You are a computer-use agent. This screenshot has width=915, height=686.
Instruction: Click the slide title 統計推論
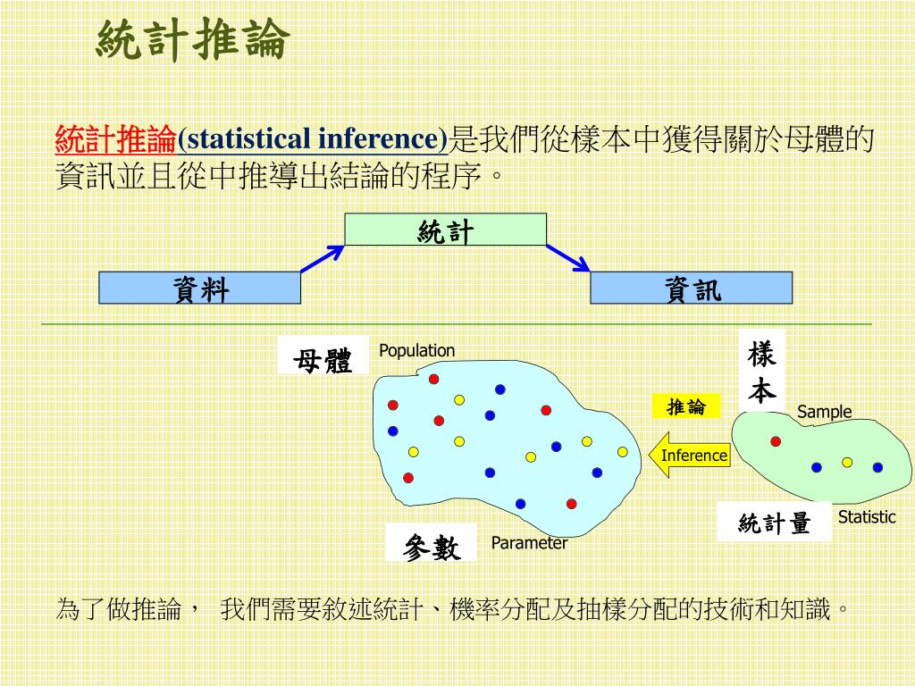click(193, 40)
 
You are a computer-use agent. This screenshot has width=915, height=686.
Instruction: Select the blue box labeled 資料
click(200, 288)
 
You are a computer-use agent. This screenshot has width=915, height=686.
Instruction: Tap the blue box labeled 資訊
click(691, 288)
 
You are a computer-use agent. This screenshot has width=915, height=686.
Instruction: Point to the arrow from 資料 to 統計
click(323, 259)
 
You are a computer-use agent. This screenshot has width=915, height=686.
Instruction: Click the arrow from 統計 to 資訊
click(568, 258)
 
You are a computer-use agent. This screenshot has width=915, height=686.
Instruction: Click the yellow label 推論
click(685, 407)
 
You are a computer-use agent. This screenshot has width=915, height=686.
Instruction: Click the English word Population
click(416, 350)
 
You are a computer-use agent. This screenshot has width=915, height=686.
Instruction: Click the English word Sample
click(824, 412)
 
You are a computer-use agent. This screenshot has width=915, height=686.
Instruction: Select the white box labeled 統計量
click(774, 523)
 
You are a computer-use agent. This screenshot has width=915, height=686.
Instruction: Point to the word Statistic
click(866, 516)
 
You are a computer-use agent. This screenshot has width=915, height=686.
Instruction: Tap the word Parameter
click(529, 542)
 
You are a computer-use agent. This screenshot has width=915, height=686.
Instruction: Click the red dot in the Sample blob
click(776, 441)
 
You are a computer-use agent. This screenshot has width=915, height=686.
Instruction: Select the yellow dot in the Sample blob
click(847, 462)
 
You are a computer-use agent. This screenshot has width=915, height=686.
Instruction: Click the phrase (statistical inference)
click(313, 139)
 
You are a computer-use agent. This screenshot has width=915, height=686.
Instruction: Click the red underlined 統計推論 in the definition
click(116, 139)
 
